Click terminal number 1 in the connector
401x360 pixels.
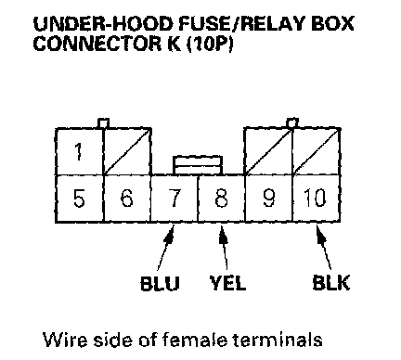[79, 151]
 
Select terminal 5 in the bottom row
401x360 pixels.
[79, 199]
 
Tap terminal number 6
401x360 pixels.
[127, 199]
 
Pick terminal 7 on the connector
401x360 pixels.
[175, 199]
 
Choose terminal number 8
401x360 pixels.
[221, 199]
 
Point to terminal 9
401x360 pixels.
[268, 199]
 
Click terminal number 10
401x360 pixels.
[317, 199]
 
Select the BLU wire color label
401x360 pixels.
[160, 283]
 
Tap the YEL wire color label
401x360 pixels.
[227, 282]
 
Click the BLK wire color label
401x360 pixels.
[331, 282]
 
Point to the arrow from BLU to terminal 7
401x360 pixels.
[165, 248]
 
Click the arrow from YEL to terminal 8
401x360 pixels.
[224, 248]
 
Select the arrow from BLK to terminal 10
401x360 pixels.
[324, 248]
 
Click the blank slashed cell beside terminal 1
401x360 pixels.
[127, 151]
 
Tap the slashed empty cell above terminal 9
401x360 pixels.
[268, 151]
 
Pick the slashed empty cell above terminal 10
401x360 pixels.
[317, 151]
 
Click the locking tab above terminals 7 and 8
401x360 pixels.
[198, 165]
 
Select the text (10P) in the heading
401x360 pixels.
[210, 44]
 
